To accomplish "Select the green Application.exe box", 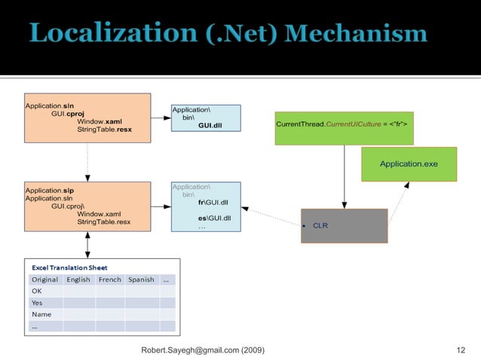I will pyautogui.click(x=408, y=163).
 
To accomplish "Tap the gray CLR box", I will pyautogui.click(x=344, y=225).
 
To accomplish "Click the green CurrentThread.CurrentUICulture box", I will pyautogui.click(x=345, y=124).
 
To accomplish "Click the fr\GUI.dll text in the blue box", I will pyautogui.click(x=214, y=202).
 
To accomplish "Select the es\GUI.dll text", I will pyautogui.click(x=214, y=218).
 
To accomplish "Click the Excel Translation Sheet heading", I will pyautogui.click(x=69, y=267).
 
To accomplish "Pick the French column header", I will pyautogui.click(x=109, y=279).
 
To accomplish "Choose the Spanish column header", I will pyautogui.click(x=141, y=279).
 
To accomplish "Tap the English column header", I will pyautogui.click(x=78, y=279).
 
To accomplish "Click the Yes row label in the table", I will pyautogui.click(x=37, y=303).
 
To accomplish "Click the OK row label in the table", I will pyautogui.click(x=36, y=291).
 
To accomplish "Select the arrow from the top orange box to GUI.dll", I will pyautogui.click(x=161, y=118).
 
